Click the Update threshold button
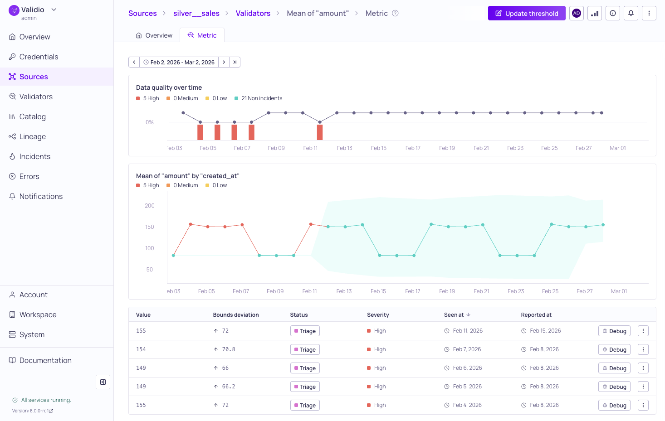[x=526, y=14]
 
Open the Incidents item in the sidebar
[x=34, y=156]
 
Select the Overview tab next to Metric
[x=154, y=35]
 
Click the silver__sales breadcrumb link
[x=196, y=14]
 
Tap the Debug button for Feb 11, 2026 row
[x=614, y=331]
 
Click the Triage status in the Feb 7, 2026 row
[x=305, y=350]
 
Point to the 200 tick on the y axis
[x=150, y=206]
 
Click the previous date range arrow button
[x=134, y=62]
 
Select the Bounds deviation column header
[x=236, y=315]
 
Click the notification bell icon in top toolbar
[x=631, y=14]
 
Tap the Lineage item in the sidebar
[x=32, y=136]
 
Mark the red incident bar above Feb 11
[x=320, y=132]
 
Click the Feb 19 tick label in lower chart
[x=447, y=291]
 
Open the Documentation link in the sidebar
[x=45, y=360]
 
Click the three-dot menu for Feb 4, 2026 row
[x=643, y=405]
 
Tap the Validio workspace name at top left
[x=33, y=10]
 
